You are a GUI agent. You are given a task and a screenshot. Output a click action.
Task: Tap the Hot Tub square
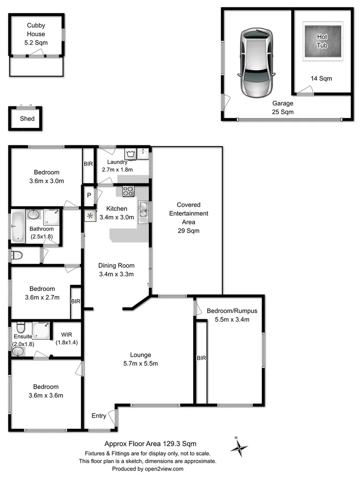pos(322,41)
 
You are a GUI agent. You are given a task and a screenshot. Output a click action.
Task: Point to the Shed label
pos(27,119)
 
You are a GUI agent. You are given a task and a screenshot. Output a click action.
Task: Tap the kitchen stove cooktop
pos(128,191)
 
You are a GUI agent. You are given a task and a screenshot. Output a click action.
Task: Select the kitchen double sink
pos(143,211)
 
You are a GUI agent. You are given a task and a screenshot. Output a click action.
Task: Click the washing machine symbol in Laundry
pos(130,154)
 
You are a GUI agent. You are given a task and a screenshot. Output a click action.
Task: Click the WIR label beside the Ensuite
pos(67,335)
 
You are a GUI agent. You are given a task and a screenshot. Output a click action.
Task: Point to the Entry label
pos(99,416)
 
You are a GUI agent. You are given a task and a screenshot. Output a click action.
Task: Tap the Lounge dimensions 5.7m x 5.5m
pos(141,364)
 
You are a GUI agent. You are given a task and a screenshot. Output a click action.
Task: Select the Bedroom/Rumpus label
pos(232,311)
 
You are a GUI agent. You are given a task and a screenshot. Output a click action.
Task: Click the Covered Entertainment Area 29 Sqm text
pos(188,217)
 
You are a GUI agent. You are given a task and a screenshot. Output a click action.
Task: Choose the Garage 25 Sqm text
pos(283,107)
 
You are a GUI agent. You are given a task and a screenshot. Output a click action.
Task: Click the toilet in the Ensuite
pos(21,327)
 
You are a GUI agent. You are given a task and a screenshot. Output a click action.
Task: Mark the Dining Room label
pos(116,265)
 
